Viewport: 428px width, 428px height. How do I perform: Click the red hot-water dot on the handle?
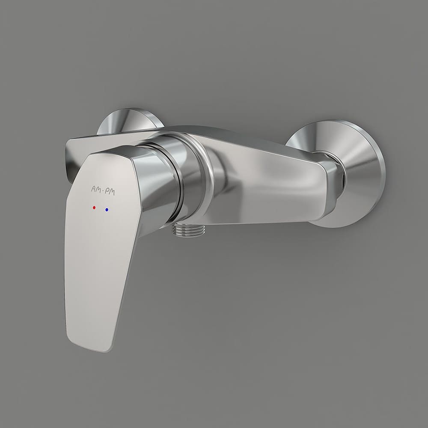point(94,208)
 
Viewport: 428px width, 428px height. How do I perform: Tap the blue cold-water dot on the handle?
point(107,210)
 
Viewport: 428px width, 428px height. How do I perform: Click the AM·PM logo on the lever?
point(103,191)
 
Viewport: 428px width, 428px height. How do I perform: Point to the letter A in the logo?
point(93,189)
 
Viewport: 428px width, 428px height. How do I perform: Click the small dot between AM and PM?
point(103,190)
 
